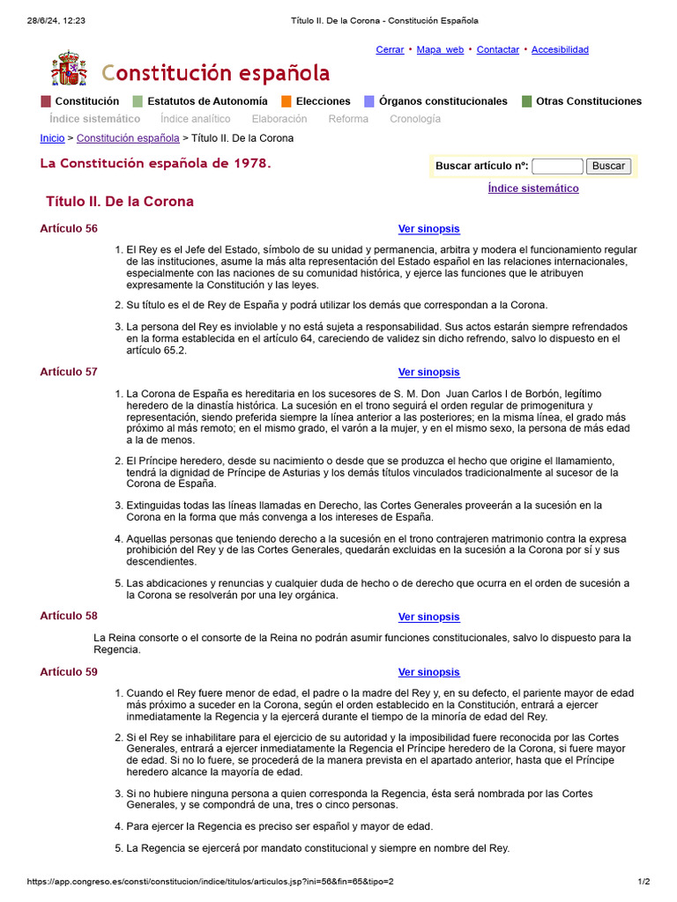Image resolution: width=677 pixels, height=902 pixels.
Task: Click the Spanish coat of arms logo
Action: coord(70,70)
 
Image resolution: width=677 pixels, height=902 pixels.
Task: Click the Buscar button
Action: coord(608,166)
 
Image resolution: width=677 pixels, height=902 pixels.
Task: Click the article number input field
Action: coord(557,166)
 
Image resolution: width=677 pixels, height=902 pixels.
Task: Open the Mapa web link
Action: coord(440,49)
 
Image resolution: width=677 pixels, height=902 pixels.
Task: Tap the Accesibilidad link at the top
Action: coord(560,49)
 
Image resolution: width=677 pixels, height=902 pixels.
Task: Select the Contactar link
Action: coord(497,49)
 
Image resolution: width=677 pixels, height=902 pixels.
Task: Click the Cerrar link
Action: coord(390,49)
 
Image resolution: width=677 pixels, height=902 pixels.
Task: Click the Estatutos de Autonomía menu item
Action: coord(207,101)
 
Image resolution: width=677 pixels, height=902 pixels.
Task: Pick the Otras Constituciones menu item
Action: coord(589,101)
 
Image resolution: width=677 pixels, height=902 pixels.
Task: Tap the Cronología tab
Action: coord(415,119)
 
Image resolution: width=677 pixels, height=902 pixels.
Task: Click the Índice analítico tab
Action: coord(196,119)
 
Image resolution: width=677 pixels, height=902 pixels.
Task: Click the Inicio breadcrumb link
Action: coord(52,138)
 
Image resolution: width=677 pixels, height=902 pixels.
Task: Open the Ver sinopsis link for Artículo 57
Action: coord(428,372)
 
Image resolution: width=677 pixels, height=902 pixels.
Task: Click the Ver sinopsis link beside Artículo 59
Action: coord(428,672)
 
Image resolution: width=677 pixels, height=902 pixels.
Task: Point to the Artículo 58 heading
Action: coord(69,617)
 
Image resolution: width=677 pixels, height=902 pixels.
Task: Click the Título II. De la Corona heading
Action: coord(120,202)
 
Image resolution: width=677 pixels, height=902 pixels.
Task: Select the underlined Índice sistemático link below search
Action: coord(533,189)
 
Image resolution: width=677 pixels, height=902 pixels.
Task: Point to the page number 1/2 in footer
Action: coord(644,882)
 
